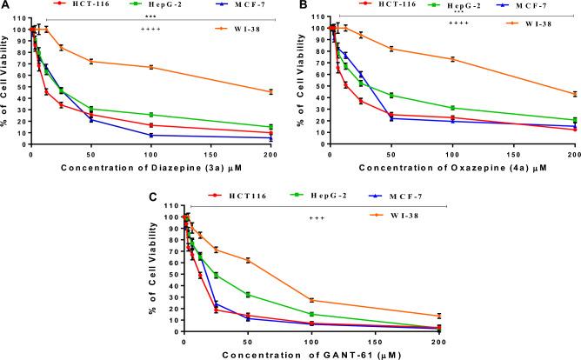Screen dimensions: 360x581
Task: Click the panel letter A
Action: tap(6, 6)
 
